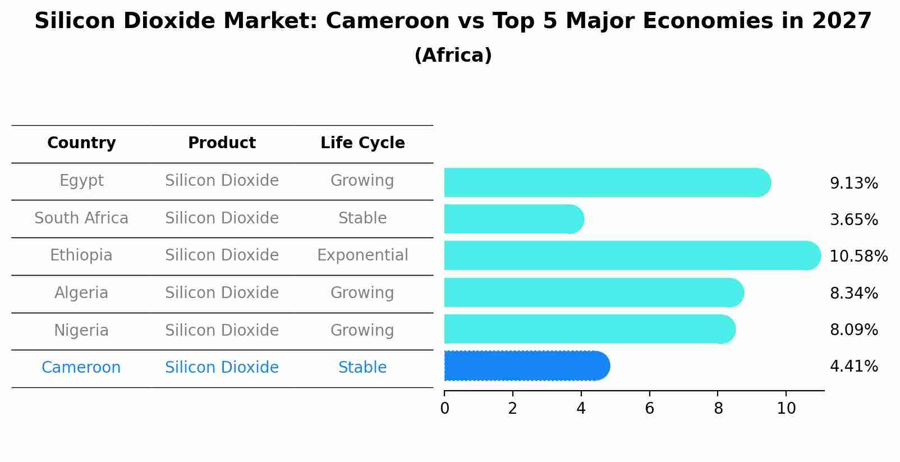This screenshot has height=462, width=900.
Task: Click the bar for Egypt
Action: (606, 182)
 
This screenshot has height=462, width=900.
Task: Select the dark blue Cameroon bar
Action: (526, 366)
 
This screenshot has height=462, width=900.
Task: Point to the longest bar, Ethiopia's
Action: (631, 255)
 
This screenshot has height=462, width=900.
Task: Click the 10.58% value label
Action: (858, 257)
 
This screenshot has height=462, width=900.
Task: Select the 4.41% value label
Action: (853, 367)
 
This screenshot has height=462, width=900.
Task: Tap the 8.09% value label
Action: (853, 330)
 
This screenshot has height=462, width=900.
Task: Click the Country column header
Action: (81, 143)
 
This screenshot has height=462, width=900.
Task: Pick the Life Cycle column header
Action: (362, 143)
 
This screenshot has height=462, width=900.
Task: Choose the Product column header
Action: (222, 143)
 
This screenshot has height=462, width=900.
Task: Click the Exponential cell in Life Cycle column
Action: (362, 255)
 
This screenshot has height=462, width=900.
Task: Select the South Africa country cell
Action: (81, 218)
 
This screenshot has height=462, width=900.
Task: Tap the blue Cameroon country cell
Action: (81, 368)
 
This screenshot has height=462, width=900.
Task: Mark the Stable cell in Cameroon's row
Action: (362, 368)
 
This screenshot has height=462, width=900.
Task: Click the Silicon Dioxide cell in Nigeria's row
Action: (222, 330)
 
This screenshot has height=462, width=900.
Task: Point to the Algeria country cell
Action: (81, 293)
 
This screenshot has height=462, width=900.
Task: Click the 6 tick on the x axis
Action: (649, 408)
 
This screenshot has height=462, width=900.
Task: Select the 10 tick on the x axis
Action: (786, 408)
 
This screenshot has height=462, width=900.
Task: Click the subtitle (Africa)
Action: (453, 56)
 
